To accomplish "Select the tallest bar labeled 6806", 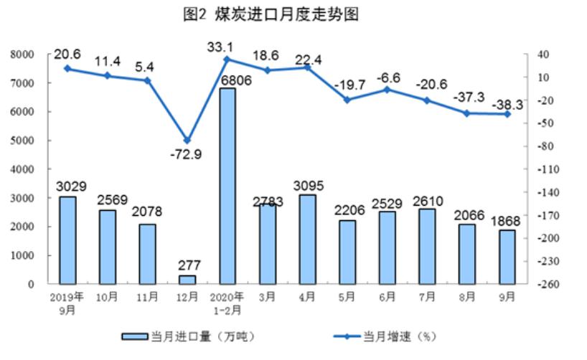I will point(227,186).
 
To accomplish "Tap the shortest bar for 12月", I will point(187,279).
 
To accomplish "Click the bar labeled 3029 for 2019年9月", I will point(67,240).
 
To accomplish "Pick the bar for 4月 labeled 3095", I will point(307,239).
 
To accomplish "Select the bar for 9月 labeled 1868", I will point(507,256).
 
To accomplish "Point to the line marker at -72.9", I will point(187,141).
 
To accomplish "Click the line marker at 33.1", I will point(227,59).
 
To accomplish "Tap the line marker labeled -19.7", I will point(347,100).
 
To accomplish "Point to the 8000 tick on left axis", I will point(23,55).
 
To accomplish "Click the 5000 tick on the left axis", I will point(23,141).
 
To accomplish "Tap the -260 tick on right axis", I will point(542,285).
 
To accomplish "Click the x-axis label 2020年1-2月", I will point(227,303).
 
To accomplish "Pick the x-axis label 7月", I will point(427,298).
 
